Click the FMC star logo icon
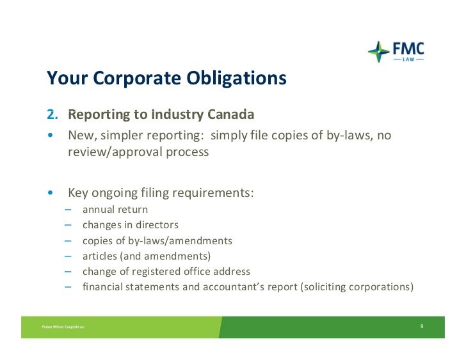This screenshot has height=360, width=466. (378, 52)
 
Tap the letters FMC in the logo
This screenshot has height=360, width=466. (407, 49)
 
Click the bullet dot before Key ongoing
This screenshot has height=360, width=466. (49, 193)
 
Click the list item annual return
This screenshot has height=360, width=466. (115, 209)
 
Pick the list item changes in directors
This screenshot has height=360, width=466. (130, 225)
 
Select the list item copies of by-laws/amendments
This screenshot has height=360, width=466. (157, 240)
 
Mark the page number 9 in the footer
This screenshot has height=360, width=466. (422, 326)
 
